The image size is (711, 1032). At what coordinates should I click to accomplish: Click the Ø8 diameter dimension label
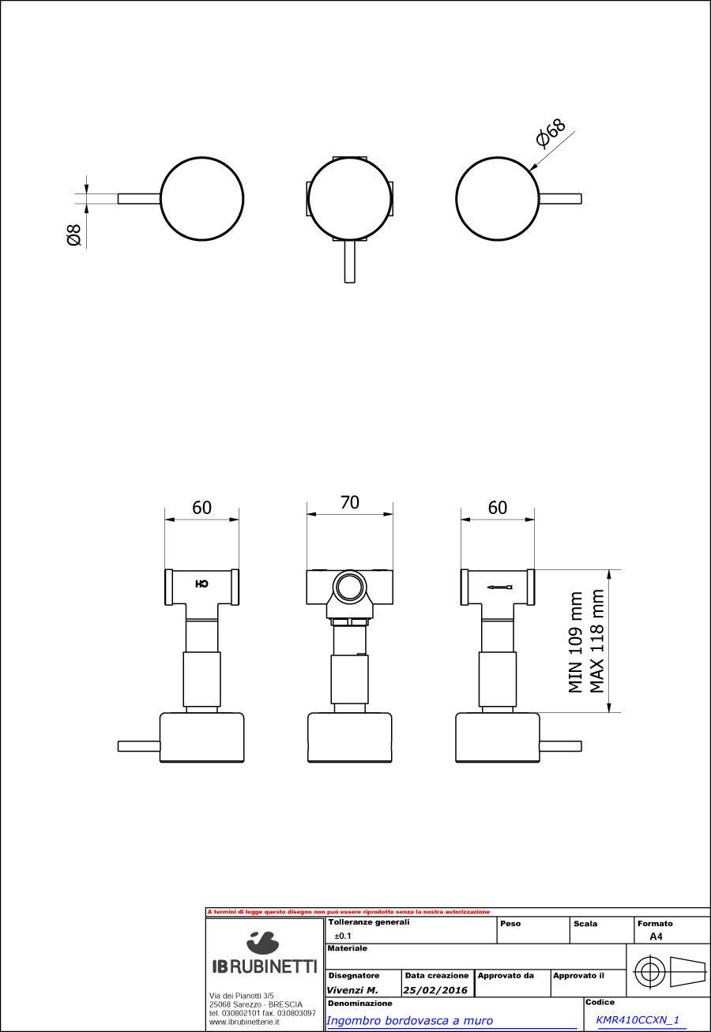(74, 235)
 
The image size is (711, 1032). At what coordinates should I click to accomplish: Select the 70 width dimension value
(349, 502)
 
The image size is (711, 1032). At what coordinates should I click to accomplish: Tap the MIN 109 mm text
(576, 643)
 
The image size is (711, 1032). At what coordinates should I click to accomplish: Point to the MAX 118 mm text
(597, 641)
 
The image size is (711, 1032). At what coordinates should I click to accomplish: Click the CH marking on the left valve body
(201, 584)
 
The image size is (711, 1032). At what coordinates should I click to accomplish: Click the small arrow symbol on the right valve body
(499, 587)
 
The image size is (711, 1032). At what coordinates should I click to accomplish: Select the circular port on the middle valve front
(348, 587)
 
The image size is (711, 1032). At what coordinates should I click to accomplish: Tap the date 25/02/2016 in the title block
(435, 990)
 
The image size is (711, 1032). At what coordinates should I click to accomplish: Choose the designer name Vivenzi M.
(352, 990)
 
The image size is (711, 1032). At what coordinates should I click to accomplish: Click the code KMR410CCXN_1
(638, 1020)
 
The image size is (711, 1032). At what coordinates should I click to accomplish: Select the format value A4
(656, 936)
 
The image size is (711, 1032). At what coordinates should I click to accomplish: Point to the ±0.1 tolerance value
(343, 936)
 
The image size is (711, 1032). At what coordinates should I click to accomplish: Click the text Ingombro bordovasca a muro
(409, 1021)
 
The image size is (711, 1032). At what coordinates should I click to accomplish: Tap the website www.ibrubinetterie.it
(244, 1022)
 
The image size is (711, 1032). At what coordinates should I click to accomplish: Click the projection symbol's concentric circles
(648, 972)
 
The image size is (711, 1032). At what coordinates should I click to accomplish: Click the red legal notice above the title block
(348, 912)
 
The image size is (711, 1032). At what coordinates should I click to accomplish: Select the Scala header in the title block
(585, 923)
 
